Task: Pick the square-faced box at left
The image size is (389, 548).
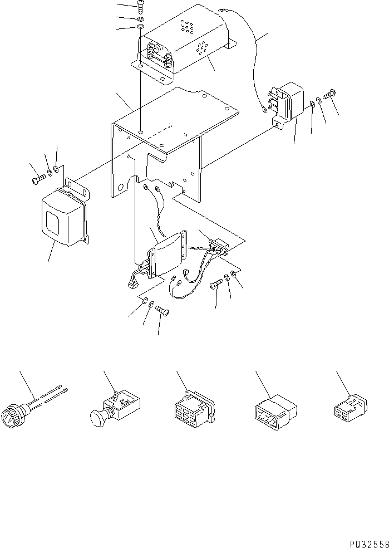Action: [x=62, y=217]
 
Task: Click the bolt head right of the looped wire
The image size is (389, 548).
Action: [x=216, y=285]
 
